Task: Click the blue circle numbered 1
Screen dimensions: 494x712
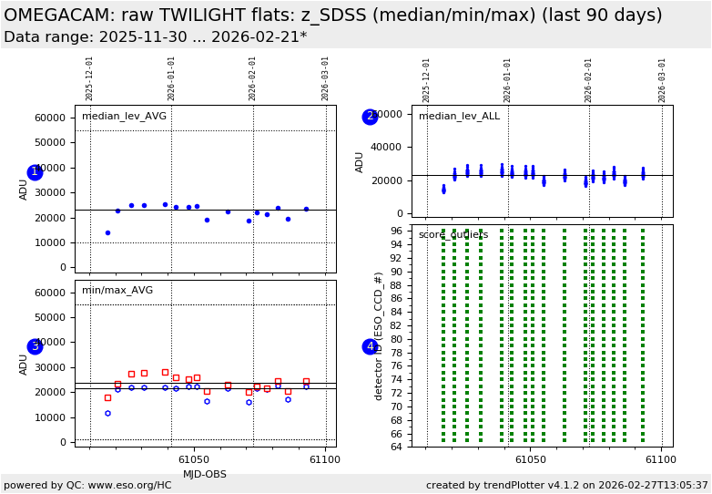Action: (x=35, y=172)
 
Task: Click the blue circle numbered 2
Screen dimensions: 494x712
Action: (x=370, y=117)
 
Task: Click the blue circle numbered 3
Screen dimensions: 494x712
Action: (x=35, y=346)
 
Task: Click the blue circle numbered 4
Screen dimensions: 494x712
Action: (x=370, y=346)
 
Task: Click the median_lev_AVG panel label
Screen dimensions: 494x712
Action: (x=124, y=117)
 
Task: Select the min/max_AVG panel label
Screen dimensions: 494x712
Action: (x=117, y=291)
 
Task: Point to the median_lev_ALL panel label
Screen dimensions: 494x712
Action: (x=459, y=117)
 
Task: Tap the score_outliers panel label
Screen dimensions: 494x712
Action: (x=453, y=235)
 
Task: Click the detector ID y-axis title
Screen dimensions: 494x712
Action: (x=379, y=335)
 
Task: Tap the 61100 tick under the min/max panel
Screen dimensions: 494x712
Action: (x=324, y=460)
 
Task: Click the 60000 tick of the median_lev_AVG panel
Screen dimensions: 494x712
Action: (x=50, y=118)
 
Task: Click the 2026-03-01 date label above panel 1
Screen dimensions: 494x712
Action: (x=325, y=78)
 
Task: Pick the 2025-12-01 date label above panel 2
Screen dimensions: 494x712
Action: (x=427, y=80)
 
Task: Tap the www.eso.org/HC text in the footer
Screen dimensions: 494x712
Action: (x=127, y=486)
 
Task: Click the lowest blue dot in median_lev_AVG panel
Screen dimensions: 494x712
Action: (x=107, y=232)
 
